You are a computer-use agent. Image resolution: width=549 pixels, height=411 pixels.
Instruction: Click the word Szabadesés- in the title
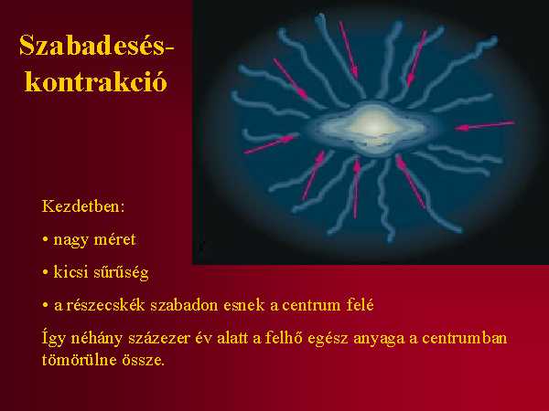97,46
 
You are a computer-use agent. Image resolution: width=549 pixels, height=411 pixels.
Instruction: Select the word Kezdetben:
83,206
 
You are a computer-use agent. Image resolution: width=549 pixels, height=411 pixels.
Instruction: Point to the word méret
115,239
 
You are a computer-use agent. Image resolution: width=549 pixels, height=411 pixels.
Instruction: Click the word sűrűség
121,273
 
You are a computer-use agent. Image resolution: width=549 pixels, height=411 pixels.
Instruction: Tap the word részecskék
105,305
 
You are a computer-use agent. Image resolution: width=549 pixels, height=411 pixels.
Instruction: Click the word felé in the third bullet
361,305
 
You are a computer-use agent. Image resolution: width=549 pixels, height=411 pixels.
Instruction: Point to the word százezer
159,338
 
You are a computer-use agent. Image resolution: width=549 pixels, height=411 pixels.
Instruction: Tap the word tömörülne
79,360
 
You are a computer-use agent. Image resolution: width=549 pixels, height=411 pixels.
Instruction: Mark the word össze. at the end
144,360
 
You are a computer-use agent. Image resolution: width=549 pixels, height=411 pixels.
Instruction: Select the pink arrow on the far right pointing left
484,125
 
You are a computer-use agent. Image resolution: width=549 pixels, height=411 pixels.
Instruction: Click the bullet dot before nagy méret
45,240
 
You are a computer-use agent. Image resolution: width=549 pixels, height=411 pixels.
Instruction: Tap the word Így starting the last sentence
54,339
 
